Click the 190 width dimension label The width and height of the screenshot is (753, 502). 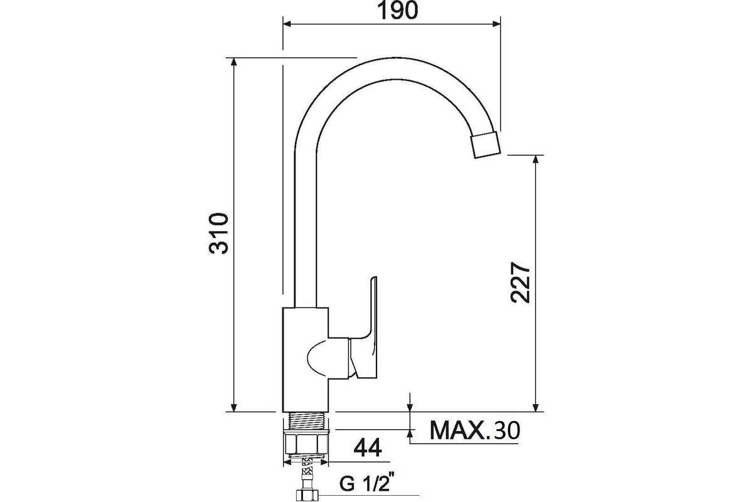397,11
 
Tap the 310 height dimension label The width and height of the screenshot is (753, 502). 219,233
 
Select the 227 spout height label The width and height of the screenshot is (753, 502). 520,283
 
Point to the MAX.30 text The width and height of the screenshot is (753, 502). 474,430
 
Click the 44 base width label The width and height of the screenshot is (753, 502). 368,447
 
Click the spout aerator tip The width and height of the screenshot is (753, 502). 486,145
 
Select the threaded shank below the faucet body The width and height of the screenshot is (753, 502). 306,420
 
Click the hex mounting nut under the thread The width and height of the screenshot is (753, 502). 306,443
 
